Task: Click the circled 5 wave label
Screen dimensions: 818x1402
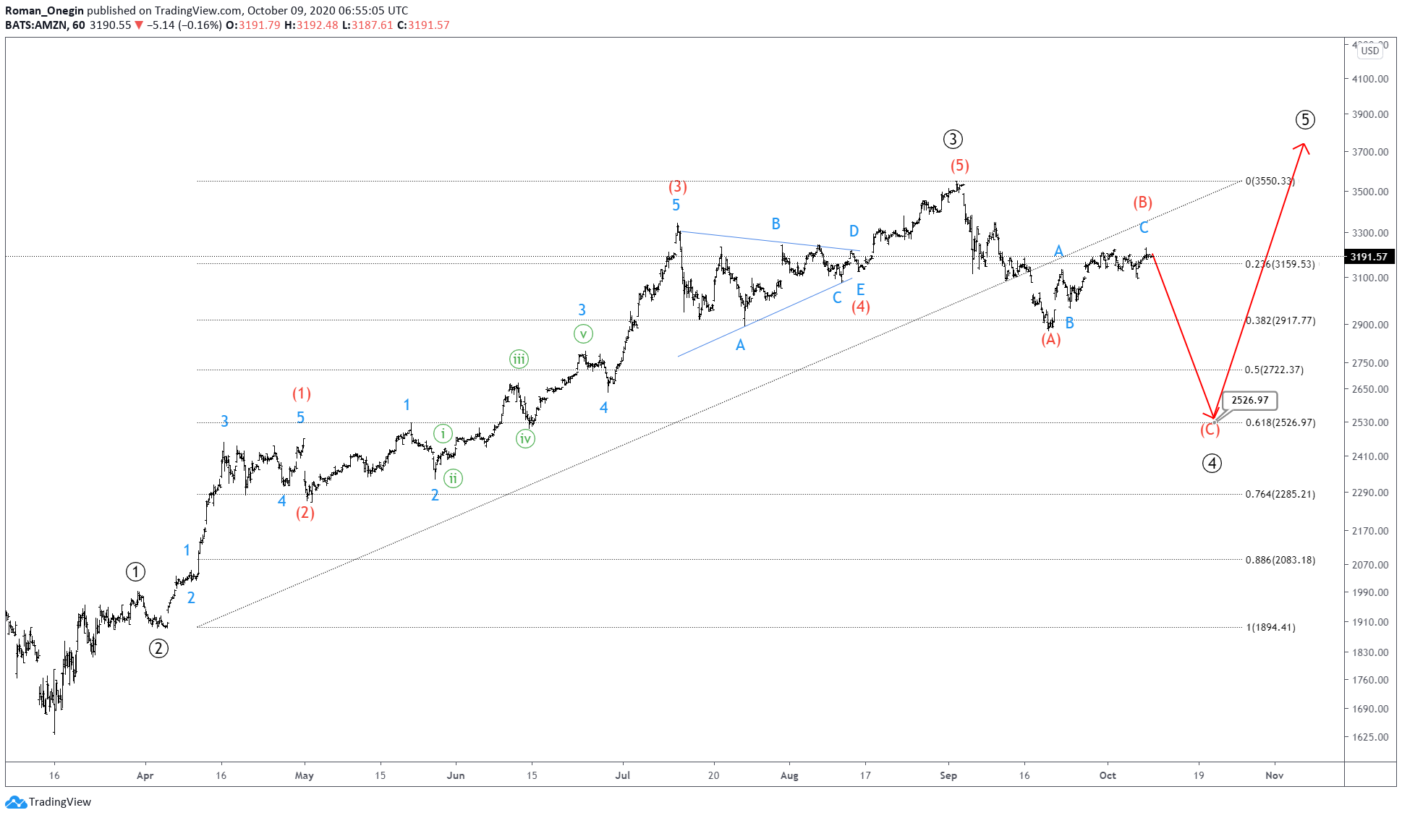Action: (1304, 120)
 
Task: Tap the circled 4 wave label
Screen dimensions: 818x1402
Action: (1212, 463)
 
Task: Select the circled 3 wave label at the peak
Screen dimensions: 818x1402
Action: (953, 139)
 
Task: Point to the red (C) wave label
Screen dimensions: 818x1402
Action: (1210, 430)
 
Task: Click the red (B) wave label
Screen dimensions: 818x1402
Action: (1142, 203)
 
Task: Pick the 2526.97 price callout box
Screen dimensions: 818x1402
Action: (1249, 400)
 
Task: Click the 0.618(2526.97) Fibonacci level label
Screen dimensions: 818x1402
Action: (1280, 422)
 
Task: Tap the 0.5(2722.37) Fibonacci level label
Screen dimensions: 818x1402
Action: (1274, 370)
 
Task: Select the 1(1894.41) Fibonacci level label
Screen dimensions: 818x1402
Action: (1270, 627)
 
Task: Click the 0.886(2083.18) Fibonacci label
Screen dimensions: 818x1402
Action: (1280, 560)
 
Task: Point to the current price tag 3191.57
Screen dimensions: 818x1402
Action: (1369, 257)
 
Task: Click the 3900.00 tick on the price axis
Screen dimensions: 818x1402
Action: (1370, 114)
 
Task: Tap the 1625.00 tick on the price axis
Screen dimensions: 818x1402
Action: (1370, 737)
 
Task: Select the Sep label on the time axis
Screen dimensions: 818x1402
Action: (948, 775)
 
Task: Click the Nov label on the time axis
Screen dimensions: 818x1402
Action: (1274, 775)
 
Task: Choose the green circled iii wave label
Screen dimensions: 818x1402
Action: (519, 359)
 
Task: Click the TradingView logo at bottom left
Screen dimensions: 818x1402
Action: (48, 801)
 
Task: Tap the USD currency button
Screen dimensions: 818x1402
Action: (1369, 51)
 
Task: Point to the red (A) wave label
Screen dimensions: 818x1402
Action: (1050, 339)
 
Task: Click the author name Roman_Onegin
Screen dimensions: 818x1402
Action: (44, 10)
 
